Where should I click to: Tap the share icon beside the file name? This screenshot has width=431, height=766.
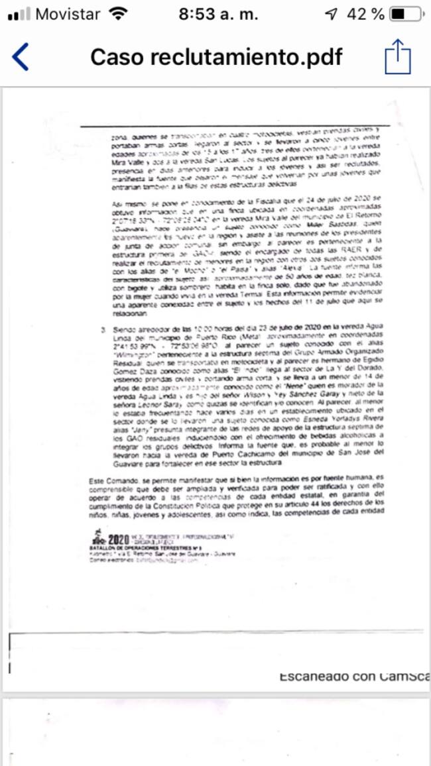click(x=398, y=57)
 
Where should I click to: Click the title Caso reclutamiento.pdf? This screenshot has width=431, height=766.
click(x=216, y=58)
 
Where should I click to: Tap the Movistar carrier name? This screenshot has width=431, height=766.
click(x=67, y=14)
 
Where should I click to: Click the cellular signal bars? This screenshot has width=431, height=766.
click(x=19, y=15)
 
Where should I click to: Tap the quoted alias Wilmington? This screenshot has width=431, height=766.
click(x=134, y=355)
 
